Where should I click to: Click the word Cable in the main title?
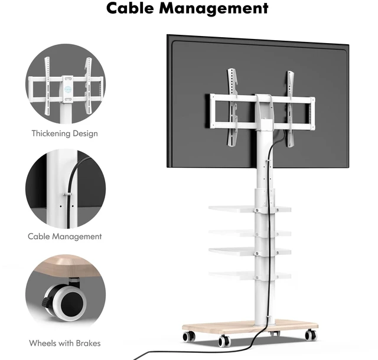tap(130, 8)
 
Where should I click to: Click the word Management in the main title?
tap(214, 9)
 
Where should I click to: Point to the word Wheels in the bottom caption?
tap(41, 343)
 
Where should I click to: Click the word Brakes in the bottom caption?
tap(88, 343)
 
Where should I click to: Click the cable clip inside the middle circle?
tap(67, 194)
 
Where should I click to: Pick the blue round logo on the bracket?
tap(68, 90)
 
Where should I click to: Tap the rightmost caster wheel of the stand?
tap(311, 335)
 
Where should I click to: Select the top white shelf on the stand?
tap(250, 209)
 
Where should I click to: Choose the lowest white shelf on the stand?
tap(250, 276)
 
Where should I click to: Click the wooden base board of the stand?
tap(250, 327)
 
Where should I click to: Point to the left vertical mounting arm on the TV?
tap(232, 107)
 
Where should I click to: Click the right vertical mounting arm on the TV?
tap(290, 109)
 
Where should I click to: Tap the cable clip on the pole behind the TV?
tap(268, 161)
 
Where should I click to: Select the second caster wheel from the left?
tap(224, 341)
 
